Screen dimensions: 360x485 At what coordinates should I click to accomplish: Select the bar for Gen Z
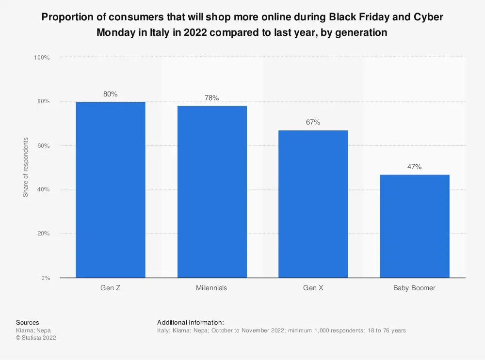tap(111, 189)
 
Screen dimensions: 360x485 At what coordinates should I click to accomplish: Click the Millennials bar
tap(211, 191)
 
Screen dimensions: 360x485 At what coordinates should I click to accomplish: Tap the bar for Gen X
tap(313, 203)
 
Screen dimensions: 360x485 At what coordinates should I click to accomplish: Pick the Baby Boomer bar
tap(414, 226)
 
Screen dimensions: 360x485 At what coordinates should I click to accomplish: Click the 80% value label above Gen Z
tap(111, 94)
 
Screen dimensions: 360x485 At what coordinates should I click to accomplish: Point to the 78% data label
tap(211, 98)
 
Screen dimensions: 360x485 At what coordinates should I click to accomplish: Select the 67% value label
tap(313, 122)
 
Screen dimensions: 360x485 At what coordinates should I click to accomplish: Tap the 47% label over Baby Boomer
tap(414, 167)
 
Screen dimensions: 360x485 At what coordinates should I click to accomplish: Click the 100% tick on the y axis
tap(42, 58)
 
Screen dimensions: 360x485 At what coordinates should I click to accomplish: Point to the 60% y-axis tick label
tap(43, 145)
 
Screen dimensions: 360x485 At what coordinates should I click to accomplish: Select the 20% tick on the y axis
tap(43, 234)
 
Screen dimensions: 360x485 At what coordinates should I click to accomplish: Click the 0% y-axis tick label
tap(45, 278)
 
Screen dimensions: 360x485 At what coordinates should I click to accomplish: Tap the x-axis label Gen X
tap(313, 288)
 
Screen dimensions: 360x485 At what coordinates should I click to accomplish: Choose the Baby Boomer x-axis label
tap(414, 288)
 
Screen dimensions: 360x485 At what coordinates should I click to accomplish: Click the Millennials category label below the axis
tap(211, 288)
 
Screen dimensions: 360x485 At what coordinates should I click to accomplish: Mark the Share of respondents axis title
tap(26, 167)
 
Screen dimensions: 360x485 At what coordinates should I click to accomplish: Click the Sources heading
tap(28, 322)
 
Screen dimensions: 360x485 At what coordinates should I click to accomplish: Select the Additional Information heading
tap(190, 322)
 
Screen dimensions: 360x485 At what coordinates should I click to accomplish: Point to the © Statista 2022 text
tap(36, 338)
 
